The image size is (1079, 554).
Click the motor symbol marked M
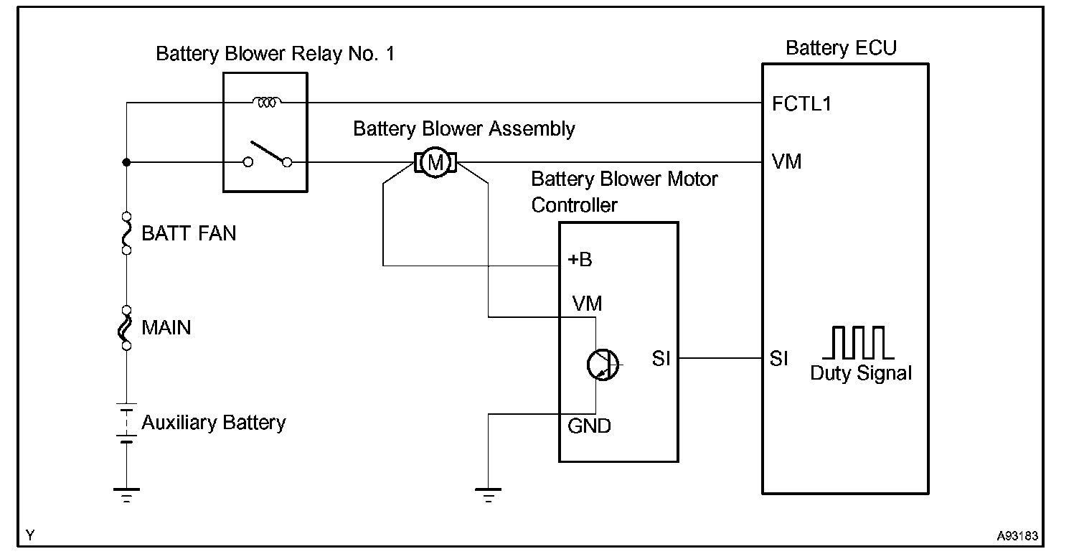(434, 163)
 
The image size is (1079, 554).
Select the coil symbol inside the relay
(267, 103)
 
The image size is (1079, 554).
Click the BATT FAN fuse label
(189, 233)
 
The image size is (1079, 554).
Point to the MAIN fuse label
(166, 328)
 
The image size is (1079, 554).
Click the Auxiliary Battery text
(213, 423)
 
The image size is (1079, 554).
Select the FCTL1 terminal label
(801, 104)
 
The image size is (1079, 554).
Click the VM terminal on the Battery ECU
(787, 162)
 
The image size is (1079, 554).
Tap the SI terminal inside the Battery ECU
(779, 359)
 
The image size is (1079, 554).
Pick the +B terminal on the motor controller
(580, 260)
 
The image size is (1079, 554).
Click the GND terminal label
(589, 426)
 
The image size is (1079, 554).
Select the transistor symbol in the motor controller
(601, 365)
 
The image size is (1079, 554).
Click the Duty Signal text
(861, 373)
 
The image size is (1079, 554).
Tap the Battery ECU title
(841, 48)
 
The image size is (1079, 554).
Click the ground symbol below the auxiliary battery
(127, 494)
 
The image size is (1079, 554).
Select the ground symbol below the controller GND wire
(488, 494)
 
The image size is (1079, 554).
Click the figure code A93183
(1017, 535)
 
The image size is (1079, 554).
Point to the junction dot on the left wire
(127, 163)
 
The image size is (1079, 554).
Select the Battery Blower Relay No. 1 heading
(275, 54)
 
